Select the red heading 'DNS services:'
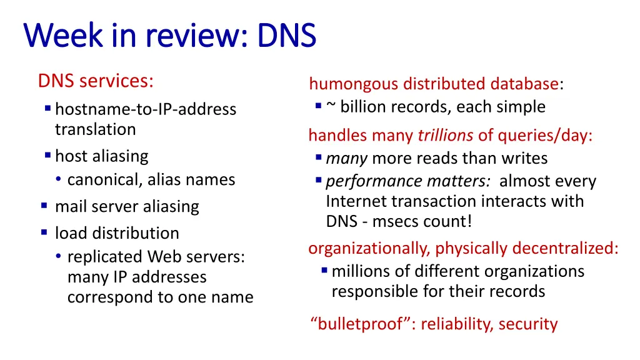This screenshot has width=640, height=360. (96, 81)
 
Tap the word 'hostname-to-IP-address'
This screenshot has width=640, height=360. (145, 109)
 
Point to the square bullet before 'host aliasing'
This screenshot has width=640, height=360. (48, 154)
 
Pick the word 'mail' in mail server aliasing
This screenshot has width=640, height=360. (69, 206)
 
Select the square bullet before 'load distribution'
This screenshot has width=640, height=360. (44, 232)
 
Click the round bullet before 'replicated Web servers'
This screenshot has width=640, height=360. (58, 256)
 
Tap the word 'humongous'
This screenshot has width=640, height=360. (354, 84)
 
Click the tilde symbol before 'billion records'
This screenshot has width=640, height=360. (331, 106)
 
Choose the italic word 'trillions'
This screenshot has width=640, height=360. (446, 136)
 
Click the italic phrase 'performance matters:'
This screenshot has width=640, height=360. (408, 181)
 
